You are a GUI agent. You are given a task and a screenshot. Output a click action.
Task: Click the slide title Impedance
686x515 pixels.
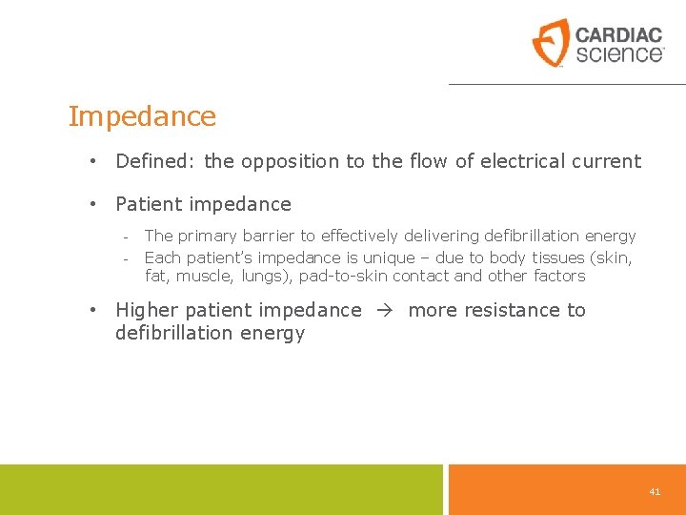click(x=142, y=117)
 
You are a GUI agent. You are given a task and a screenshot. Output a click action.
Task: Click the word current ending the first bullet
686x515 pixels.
click(x=610, y=162)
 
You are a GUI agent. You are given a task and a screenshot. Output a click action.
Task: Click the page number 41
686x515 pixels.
click(x=655, y=491)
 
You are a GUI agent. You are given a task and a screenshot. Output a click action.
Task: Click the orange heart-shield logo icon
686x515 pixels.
click(x=550, y=43)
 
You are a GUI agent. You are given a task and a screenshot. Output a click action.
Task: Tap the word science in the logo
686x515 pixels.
click(x=617, y=53)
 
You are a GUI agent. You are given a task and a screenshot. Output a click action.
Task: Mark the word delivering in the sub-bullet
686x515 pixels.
click(x=435, y=237)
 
